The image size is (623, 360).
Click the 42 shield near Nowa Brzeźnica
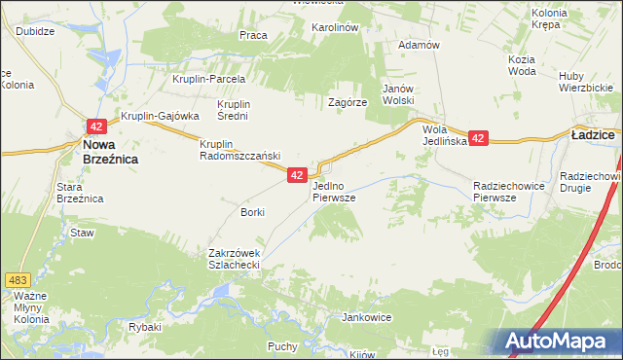95,126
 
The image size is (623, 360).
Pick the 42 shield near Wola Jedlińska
477,139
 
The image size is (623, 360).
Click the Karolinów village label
335,27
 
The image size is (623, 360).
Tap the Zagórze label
348,101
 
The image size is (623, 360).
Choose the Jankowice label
366,317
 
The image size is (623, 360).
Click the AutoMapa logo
562,341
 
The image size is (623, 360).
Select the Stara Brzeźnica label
80,192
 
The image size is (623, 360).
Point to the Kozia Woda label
522,65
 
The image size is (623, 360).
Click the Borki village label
252,211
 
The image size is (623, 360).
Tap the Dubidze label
34,30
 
